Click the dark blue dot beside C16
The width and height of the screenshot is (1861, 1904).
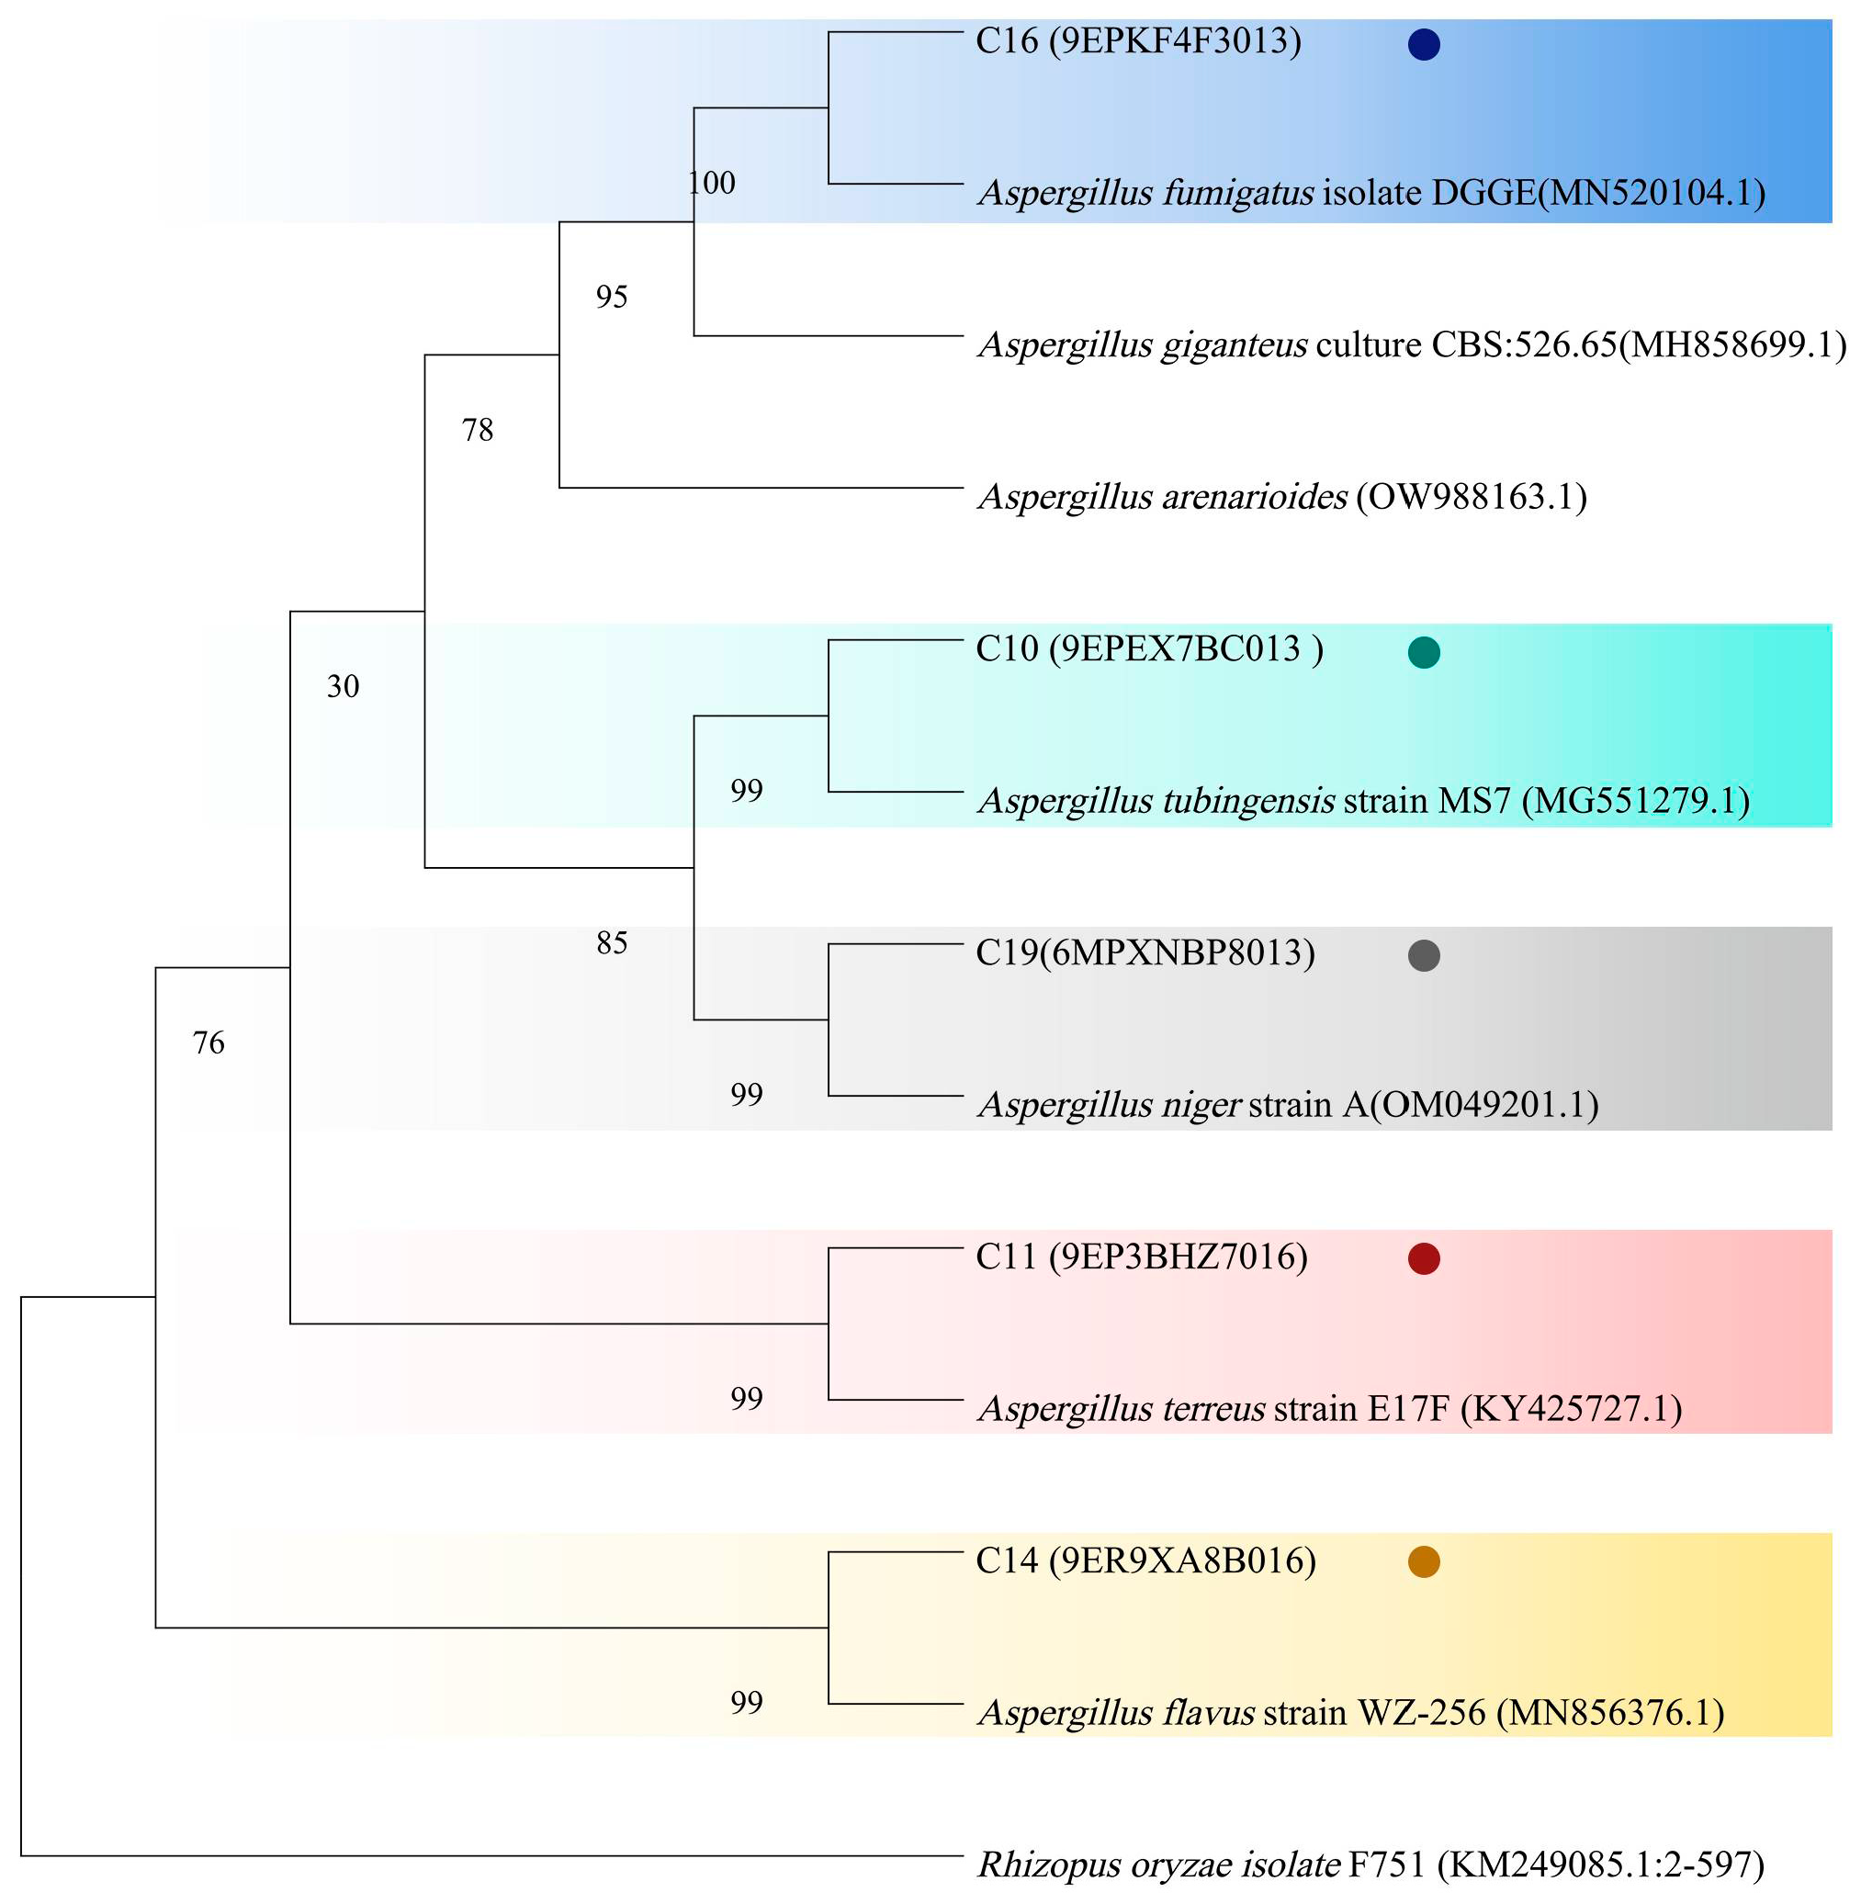(x=1423, y=44)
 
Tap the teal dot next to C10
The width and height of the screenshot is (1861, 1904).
(x=1423, y=652)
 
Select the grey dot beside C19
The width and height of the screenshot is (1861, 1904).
(x=1423, y=955)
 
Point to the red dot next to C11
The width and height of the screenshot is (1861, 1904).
(x=1423, y=1259)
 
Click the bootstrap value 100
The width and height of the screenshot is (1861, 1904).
(x=712, y=183)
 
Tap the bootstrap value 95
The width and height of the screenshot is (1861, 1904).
(x=612, y=296)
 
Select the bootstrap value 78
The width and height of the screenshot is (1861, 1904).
(x=477, y=429)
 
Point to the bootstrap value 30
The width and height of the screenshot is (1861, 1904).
(x=343, y=686)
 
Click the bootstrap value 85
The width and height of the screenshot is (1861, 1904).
(x=612, y=942)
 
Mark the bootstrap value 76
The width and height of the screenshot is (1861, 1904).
(x=209, y=1042)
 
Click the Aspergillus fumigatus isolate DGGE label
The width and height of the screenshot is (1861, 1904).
(x=1371, y=194)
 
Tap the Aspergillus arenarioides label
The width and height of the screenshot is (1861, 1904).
(x=1282, y=498)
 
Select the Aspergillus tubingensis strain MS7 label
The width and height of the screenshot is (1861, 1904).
(x=1363, y=802)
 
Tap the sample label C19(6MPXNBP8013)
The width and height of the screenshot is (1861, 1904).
(x=1145, y=952)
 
